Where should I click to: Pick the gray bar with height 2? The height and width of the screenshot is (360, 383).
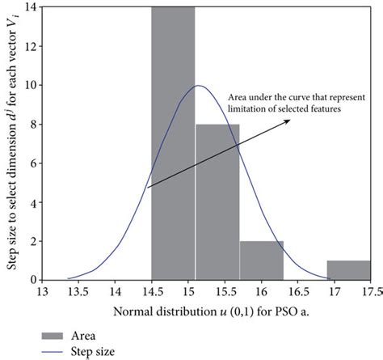[261, 260]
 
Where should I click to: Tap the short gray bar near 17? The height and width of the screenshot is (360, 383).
[349, 269]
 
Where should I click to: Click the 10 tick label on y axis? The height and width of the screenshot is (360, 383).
[29, 85]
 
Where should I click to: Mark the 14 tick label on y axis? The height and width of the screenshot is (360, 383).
[29, 7]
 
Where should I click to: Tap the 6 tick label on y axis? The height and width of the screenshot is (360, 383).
[32, 163]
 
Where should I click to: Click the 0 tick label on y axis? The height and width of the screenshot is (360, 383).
[32, 279]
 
